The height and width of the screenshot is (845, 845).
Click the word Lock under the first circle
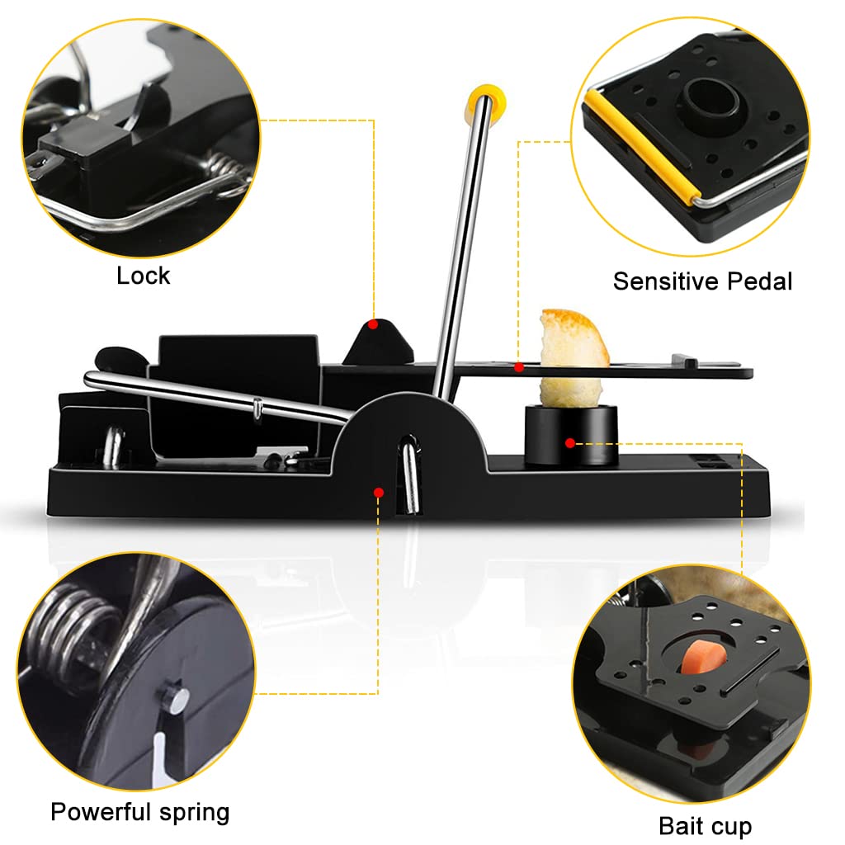[144, 276]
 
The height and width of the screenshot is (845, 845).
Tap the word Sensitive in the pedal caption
[666, 281]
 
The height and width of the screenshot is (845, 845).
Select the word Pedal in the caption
[760, 281]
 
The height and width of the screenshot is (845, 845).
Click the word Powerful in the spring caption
[100, 812]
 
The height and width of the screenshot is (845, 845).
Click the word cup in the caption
[730, 828]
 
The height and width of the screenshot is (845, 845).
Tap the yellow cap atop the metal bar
[486, 102]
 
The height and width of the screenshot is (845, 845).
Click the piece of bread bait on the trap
[574, 356]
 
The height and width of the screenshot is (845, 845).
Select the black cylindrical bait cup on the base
[571, 436]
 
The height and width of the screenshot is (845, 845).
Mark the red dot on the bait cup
[570, 443]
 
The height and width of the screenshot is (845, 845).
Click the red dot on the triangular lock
[373, 324]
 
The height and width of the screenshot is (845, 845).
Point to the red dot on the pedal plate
[519, 367]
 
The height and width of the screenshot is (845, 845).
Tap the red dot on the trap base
[379, 493]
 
